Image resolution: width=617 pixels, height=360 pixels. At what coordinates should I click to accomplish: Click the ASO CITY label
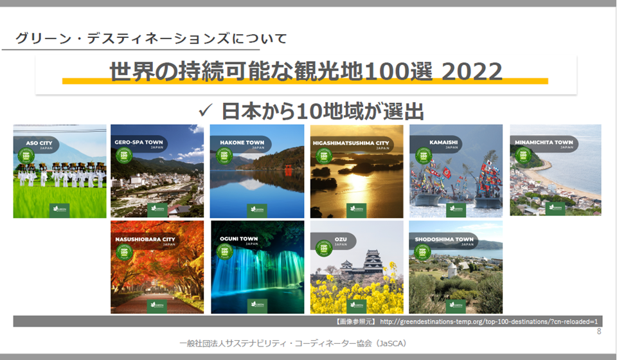point(39,142)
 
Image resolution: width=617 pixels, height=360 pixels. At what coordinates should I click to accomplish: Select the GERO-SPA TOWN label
point(139,142)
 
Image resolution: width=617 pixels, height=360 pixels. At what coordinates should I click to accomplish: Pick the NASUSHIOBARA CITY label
point(145,239)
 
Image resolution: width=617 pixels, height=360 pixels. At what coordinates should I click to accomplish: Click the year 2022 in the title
point(472,71)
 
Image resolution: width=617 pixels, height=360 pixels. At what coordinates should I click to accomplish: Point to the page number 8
point(599,332)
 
